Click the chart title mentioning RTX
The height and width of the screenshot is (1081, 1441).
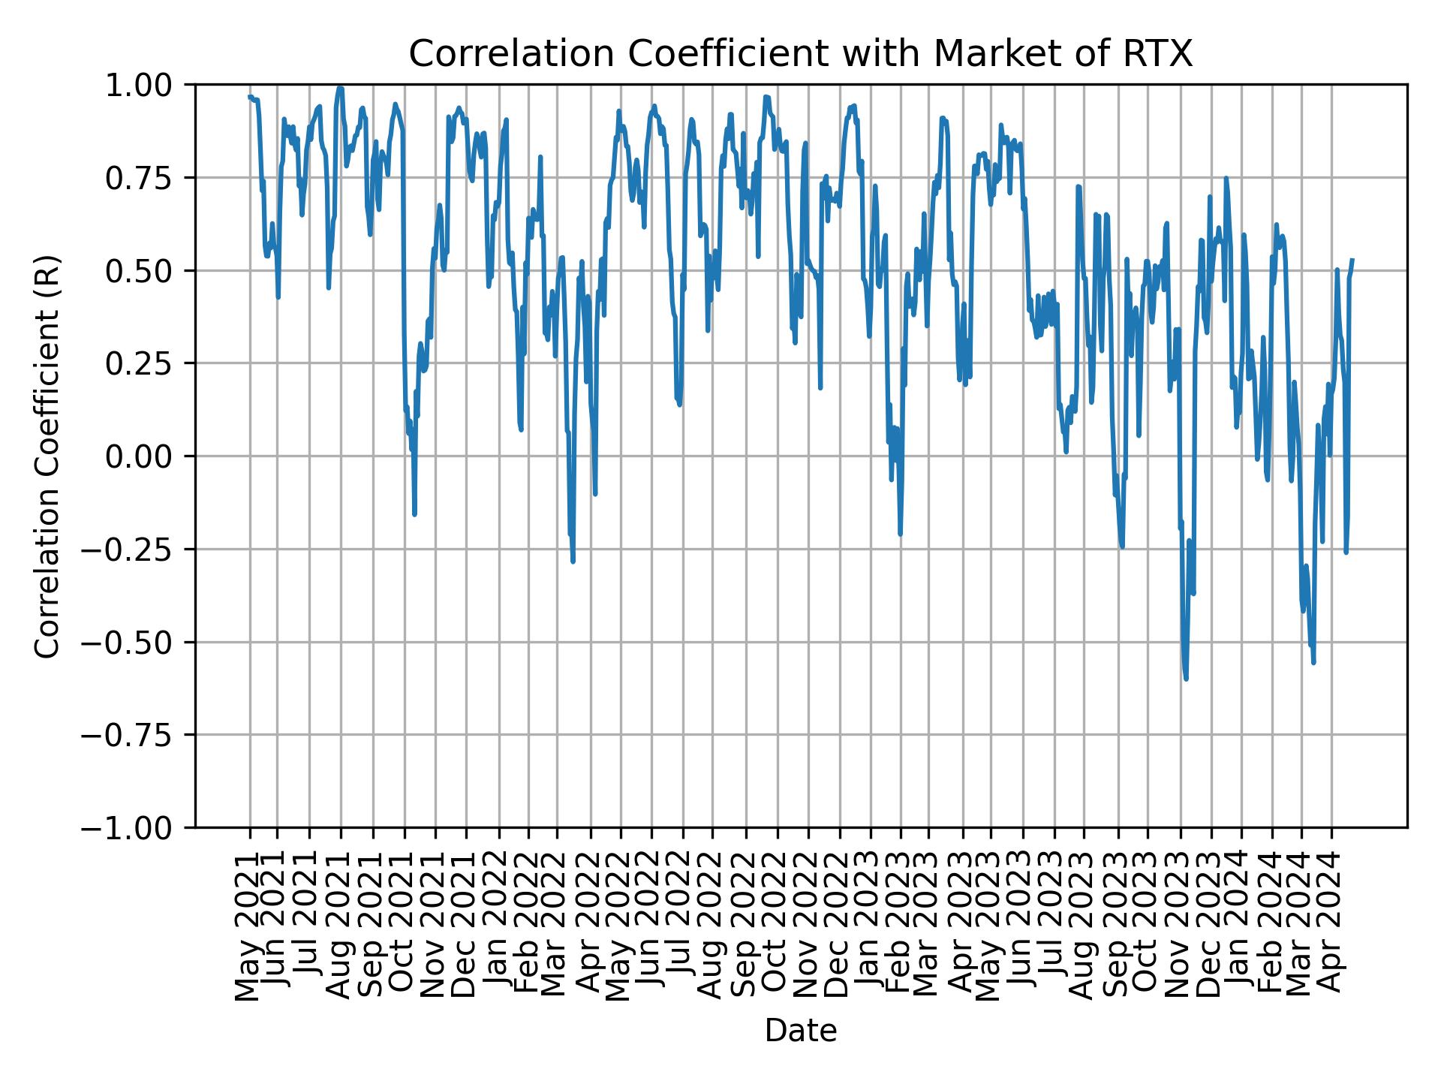pos(800,54)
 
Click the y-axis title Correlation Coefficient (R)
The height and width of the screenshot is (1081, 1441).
pos(47,456)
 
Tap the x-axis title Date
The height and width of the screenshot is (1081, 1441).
pos(800,1031)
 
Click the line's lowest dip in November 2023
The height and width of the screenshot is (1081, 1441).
pos(1186,679)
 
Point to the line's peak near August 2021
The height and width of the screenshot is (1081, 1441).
pos(341,87)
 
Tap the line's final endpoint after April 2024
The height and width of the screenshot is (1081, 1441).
pos(1352,260)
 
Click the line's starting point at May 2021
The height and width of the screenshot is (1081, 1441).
pos(249,97)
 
